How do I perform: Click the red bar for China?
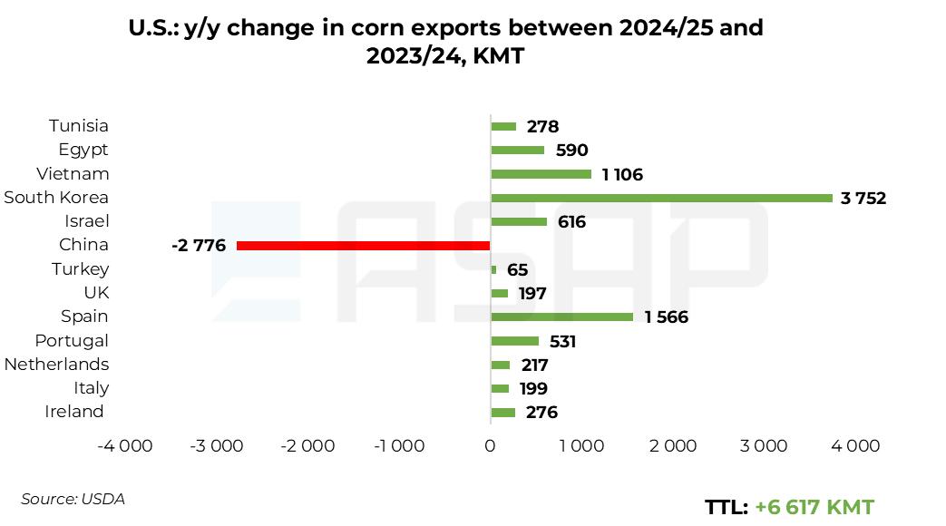tap(363, 246)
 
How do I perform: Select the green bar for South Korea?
tap(661, 198)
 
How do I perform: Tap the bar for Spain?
tap(561, 317)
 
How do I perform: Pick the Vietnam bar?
tap(541, 174)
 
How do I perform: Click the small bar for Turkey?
tap(493, 269)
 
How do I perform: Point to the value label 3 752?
tap(863, 199)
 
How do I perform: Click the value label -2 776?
tap(199, 246)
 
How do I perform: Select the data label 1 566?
tap(666, 317)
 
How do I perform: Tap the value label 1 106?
tap(621, 175)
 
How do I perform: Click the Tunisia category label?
tap(79, 126)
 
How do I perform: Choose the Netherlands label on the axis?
tap(56, 364)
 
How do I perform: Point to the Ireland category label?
tap(74, 412)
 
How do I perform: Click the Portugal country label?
tap(72, 340)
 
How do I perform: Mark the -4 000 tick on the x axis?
tap(125, 445)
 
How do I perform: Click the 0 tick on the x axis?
tap(490, 445)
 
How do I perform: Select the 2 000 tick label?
tap(673, 445)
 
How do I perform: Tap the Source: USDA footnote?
tap(73, 499)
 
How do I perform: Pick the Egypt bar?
tap(517, 151)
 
